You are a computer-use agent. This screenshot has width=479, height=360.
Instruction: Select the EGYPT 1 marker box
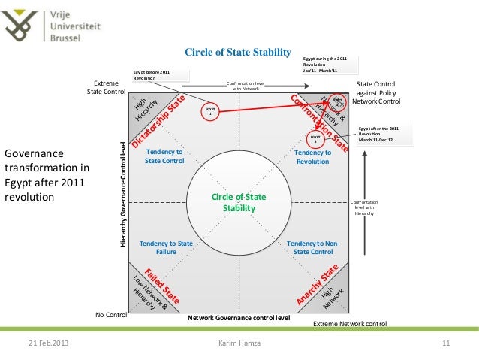211,111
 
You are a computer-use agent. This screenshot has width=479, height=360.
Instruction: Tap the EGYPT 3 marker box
316,140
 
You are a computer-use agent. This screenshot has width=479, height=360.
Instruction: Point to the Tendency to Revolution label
313,157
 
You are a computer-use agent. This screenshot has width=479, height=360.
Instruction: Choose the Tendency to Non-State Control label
313,248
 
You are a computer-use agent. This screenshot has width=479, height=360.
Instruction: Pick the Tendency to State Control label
164,156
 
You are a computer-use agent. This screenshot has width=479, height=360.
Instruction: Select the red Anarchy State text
319,282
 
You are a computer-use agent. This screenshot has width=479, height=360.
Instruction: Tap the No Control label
111,314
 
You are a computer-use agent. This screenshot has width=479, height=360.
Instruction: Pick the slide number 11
445,343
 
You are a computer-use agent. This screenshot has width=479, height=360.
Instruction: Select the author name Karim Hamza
239,343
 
